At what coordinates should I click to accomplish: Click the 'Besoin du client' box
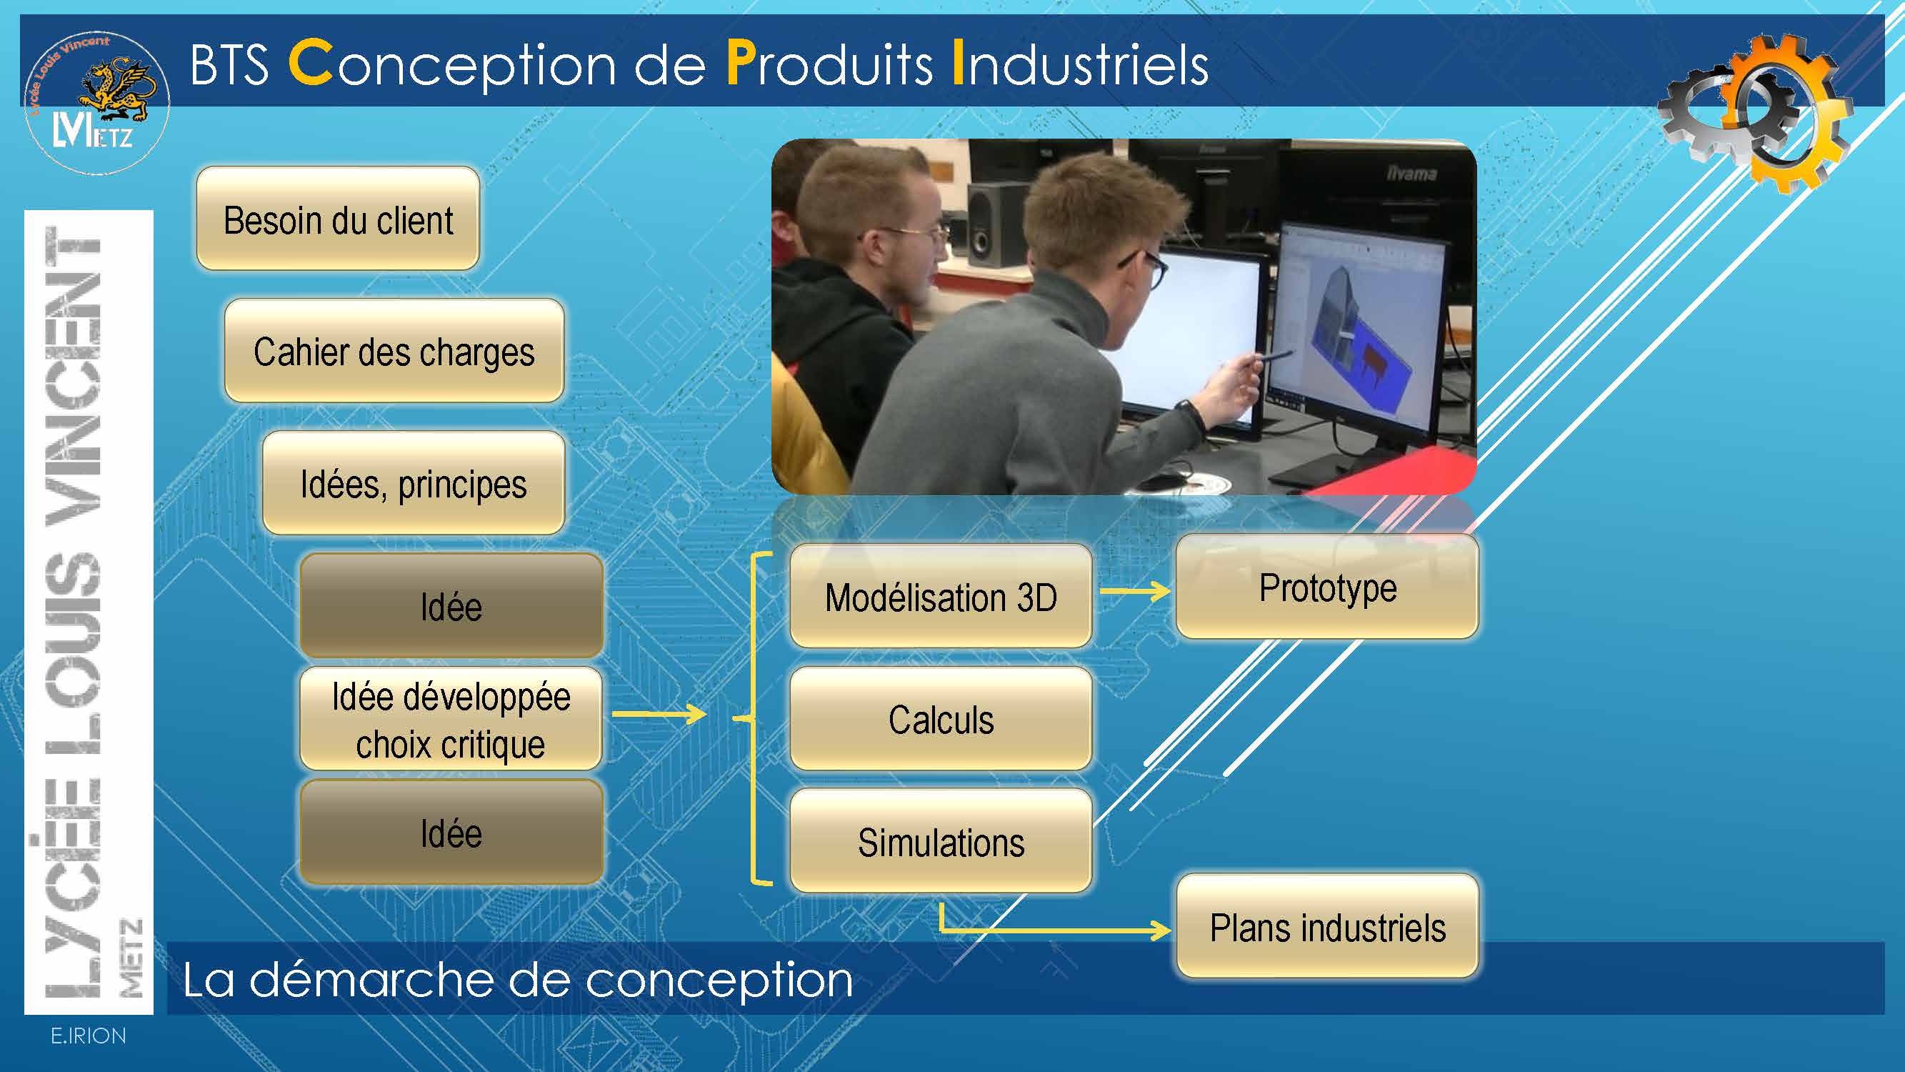point(338,218)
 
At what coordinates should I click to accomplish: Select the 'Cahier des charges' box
point(394,351)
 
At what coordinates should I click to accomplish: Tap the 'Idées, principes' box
point(414,483)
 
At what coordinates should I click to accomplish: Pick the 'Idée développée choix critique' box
point(451,719)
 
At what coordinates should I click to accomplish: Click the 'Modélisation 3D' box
point(941,596)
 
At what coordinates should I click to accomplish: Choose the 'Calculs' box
point(941,719)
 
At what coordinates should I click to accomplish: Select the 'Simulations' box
point(941,841)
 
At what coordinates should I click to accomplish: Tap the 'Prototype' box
point(1327,587)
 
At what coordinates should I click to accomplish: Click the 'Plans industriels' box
point(1327,926)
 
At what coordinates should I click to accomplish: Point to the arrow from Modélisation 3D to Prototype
point(1135,590)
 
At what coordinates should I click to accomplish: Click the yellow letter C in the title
point(310,64)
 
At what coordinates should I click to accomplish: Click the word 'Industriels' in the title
point(1081,64)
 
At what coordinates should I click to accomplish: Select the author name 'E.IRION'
point(88,1036)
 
